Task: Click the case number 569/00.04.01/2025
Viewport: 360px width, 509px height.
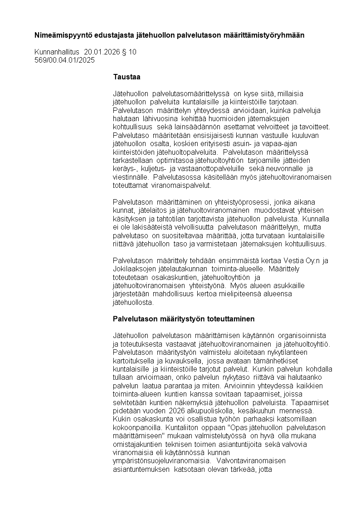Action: coord(65,60)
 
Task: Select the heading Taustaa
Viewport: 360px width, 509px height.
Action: coord(126,77)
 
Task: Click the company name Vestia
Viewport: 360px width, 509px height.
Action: coord(298,260)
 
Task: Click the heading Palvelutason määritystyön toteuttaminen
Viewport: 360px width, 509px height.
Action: coord(184,318)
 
